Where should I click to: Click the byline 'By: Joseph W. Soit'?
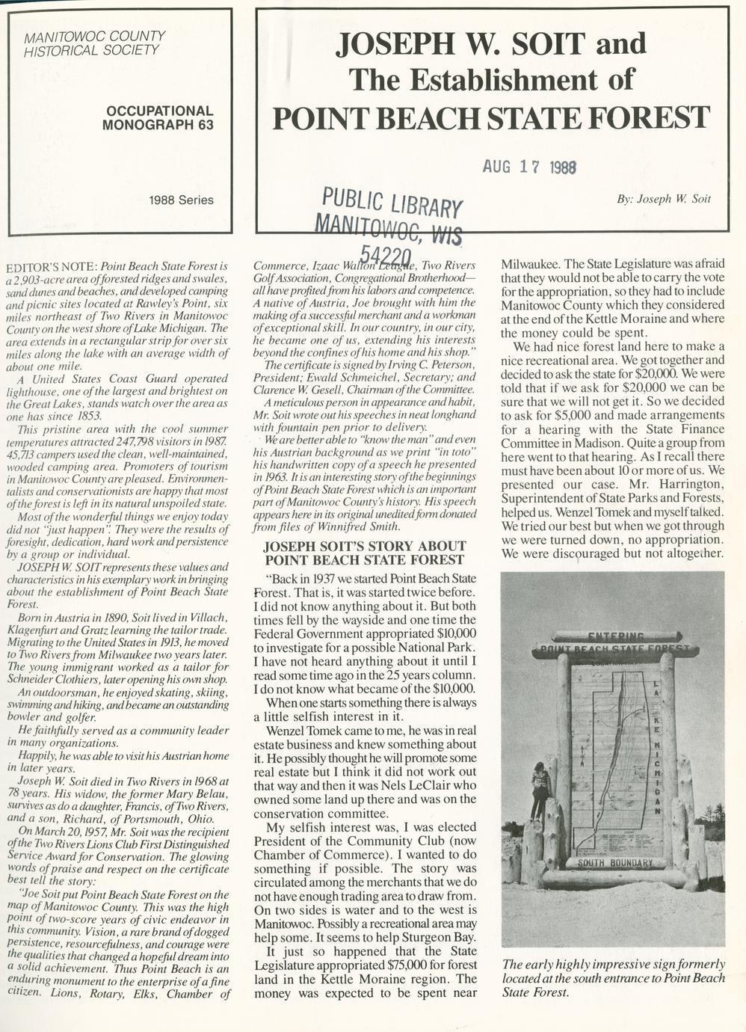point(664,199)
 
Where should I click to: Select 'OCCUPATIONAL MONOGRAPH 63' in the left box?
point(158,117)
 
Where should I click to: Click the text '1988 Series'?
point(181,200)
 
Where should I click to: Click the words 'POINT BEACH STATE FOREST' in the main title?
point(490,117)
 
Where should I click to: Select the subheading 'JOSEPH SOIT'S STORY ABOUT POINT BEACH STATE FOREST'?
point(366,553)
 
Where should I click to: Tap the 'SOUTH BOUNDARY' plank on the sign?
point(614,862)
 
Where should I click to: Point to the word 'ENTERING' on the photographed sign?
point(615,636)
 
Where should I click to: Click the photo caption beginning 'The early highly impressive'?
point(613,978)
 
